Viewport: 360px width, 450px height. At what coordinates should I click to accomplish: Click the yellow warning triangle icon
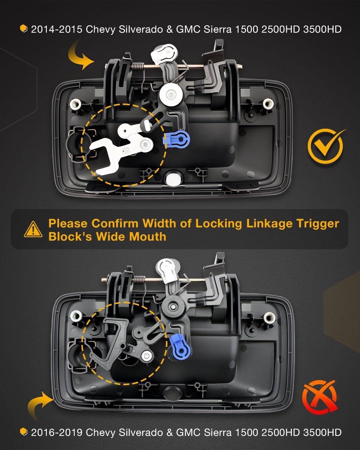coord(33,229)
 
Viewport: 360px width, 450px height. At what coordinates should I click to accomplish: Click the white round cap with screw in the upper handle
coord(171,94)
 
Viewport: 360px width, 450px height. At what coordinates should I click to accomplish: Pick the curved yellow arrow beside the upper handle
coord(80,55)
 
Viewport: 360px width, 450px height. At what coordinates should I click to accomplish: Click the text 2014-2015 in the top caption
coord(57,29)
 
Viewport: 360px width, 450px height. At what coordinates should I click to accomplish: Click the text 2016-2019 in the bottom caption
coord(57,432)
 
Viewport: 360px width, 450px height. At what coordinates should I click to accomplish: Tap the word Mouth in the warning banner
coord(148,237)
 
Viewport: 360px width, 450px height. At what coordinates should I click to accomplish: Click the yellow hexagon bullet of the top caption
coord(24,28)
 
